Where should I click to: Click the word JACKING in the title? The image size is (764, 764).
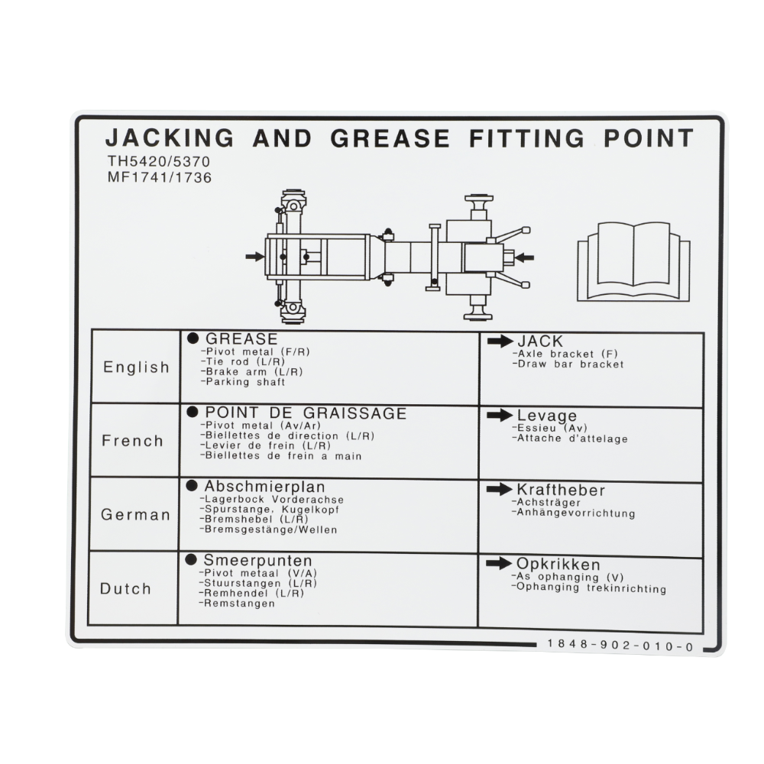[x=170, y=138]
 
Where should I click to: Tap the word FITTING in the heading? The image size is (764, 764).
[x=526, y=138]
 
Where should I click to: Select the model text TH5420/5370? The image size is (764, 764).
[x=159, y=161]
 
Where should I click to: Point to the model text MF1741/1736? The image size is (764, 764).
[x=160, y=177]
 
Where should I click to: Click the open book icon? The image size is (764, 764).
[x=633, y=261]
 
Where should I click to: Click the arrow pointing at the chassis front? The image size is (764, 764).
[x=255, y=256]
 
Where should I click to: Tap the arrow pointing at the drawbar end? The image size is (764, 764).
[x=524, y=257]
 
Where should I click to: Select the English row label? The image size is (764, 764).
[x=136, y=367]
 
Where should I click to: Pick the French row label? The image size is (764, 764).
[x=132, y=441]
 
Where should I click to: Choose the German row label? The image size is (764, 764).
[x=135, y=515]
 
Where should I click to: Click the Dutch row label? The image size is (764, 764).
[x=125, y=588]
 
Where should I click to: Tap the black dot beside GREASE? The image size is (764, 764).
[x=193, y=338]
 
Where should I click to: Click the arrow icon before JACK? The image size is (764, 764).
[x=500, y=341]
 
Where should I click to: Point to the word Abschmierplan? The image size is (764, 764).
[x=264, y=486]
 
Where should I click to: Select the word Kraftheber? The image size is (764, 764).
[x=561, y=490]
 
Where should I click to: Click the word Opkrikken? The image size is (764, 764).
[x=558, y=565]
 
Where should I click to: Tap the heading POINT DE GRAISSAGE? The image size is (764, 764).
[x=306, y=413]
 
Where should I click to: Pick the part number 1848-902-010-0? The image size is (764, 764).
[x=620, y=646]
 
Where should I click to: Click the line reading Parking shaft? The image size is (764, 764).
[x=243, y=382]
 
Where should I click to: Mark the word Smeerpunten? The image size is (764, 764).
[x=257, y=560]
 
